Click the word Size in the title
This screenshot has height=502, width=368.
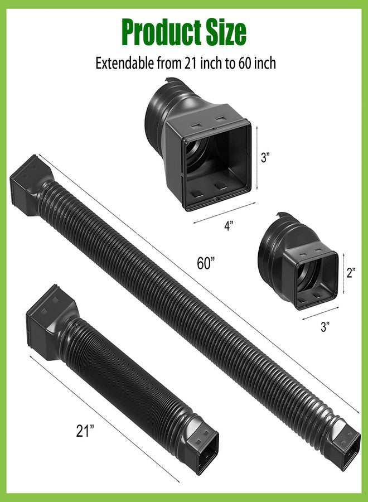pos(226,32)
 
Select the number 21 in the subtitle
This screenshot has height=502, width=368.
pos(190,64)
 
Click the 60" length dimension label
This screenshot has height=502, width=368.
pos(205,263)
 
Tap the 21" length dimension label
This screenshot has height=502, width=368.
pos(85,431)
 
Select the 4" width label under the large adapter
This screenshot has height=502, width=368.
pos(229,226)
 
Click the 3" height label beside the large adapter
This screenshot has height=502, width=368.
pos(265,157)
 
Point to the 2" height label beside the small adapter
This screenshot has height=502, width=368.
pos(351,272)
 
